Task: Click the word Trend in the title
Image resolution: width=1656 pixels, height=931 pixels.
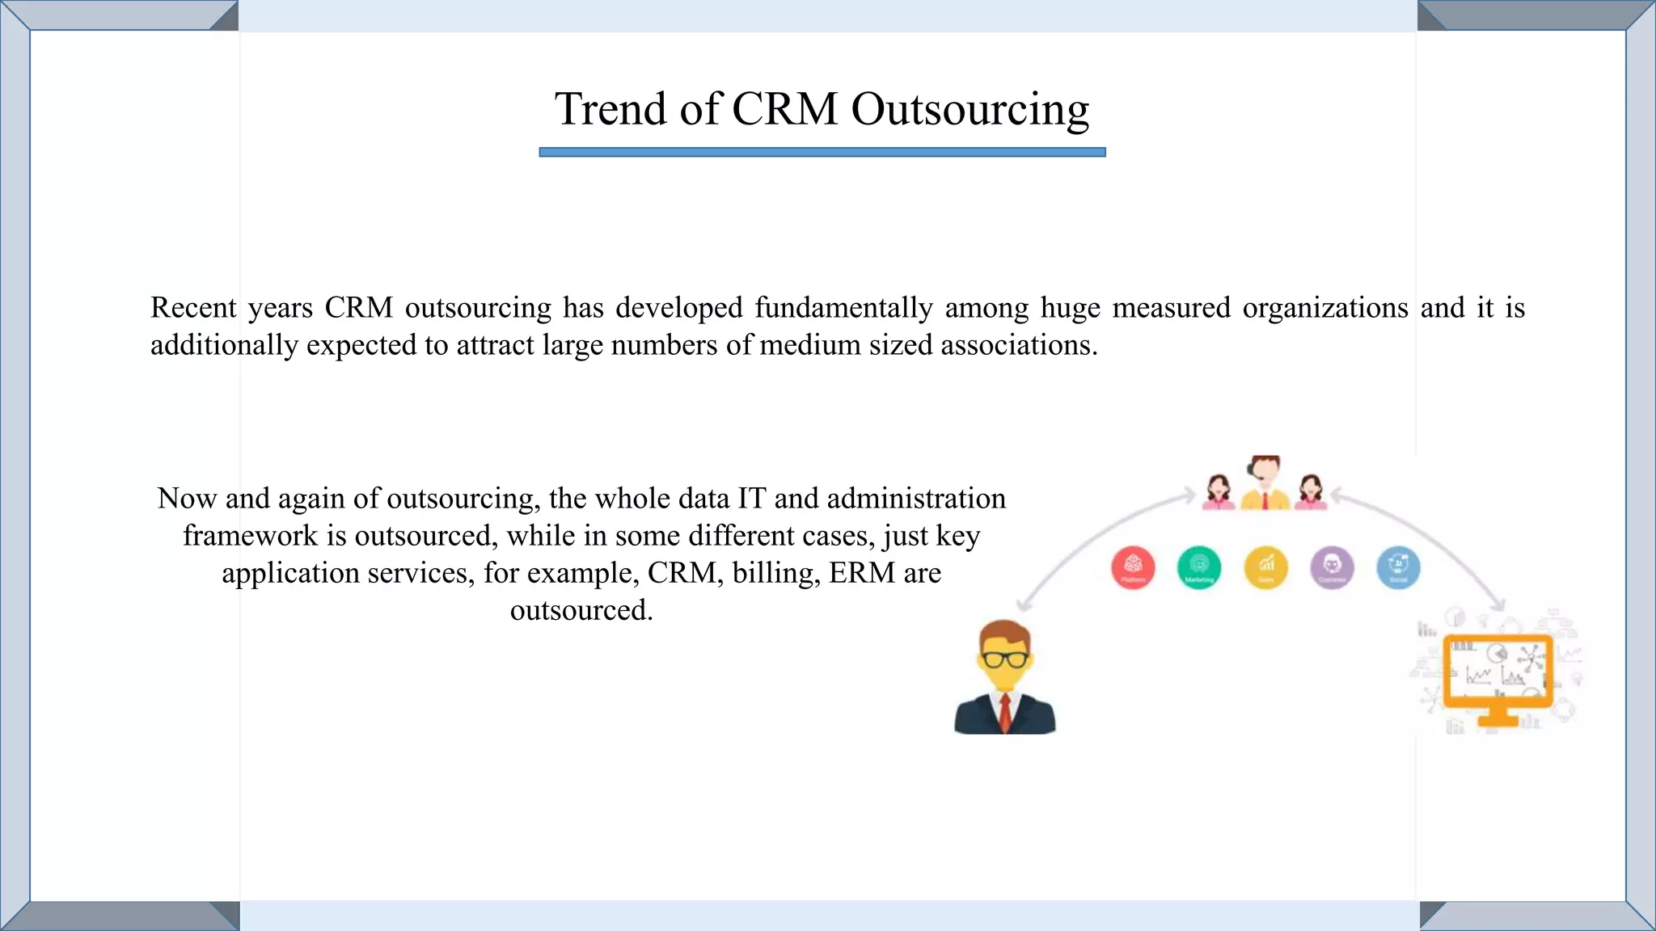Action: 610,109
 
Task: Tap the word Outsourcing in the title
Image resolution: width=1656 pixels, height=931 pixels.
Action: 970,111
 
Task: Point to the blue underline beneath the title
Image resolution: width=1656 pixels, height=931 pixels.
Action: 822,152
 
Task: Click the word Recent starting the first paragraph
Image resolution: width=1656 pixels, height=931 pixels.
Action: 193,308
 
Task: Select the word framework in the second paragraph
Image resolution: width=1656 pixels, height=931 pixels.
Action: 250,536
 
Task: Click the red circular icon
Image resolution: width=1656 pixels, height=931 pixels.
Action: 1133,567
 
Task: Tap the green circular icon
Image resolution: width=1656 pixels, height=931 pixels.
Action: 1199,567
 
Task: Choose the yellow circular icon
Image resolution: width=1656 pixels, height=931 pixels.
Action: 1265,567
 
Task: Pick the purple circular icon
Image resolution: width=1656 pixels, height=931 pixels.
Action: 1332,567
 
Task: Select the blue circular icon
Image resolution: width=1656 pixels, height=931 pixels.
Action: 1398,567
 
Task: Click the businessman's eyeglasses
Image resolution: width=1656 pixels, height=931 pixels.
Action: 1004,659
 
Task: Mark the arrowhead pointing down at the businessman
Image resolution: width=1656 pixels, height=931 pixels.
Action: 1024,605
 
